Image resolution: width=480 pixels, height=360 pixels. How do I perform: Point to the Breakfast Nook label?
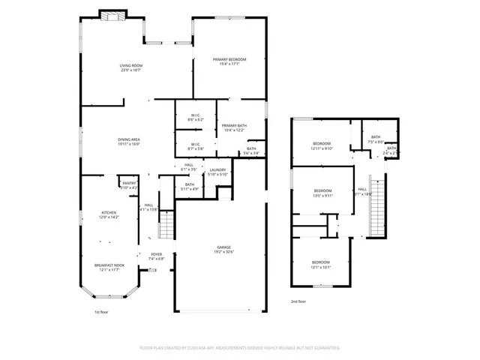(109, 265)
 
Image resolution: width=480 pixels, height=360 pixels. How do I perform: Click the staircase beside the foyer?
(166, 222)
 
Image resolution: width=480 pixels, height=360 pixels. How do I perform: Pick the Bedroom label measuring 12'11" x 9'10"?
(322, 145)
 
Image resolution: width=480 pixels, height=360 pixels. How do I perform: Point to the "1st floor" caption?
(101, 311)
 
